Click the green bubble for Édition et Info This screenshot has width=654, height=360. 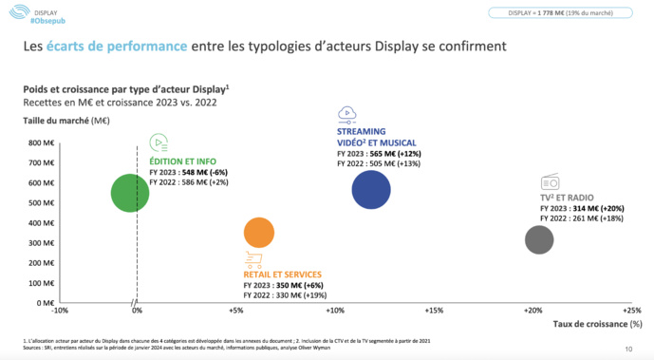[x=130, y=193]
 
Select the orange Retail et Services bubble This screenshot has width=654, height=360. [x=259, y=233]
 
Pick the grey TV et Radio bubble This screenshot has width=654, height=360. [x=539, y=239]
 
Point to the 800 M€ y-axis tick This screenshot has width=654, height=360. [x=42, y=143]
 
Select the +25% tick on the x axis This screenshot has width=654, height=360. [x=631, y=311]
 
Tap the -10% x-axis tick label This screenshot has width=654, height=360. [x=60, y=311]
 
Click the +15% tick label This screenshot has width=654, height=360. [x=434, y=311]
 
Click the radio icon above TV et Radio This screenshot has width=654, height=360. [x=551, y=182]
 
